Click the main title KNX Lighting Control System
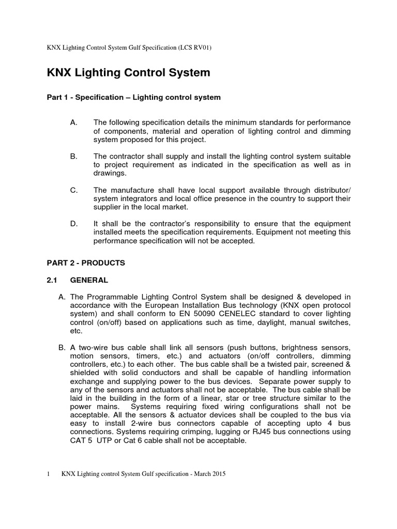(x=129, y=73)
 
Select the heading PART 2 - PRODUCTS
(x=86, y=263)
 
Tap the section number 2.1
(x=52, y=280)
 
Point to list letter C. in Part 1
(x=73, y=191)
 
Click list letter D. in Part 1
(x=73, y=223)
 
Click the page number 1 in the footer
(x=48, y=474)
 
